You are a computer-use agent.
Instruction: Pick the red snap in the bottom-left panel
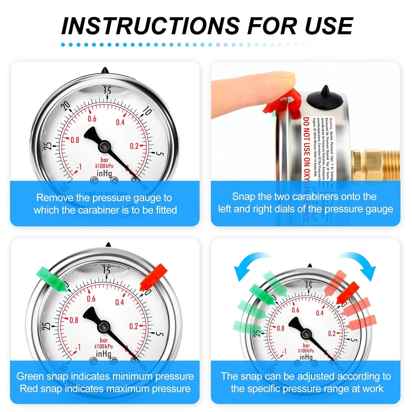[x=154, y=276]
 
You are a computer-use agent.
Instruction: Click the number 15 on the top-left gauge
[x=107, y=91]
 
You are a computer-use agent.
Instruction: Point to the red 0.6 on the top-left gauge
[x=92, y=119]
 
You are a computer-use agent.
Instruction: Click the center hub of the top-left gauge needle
[x=104, y=147]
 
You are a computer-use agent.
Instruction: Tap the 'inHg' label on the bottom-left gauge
[x=103, y=354]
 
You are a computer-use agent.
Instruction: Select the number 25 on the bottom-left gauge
[x=47, y=326]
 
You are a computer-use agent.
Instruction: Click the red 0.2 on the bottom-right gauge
[x=332, y=333]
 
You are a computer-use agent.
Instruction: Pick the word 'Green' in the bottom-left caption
[x=30, y=376]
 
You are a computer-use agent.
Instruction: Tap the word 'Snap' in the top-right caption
[x=243, y=197]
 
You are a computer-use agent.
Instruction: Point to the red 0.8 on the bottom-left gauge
[x=74, y=320]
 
